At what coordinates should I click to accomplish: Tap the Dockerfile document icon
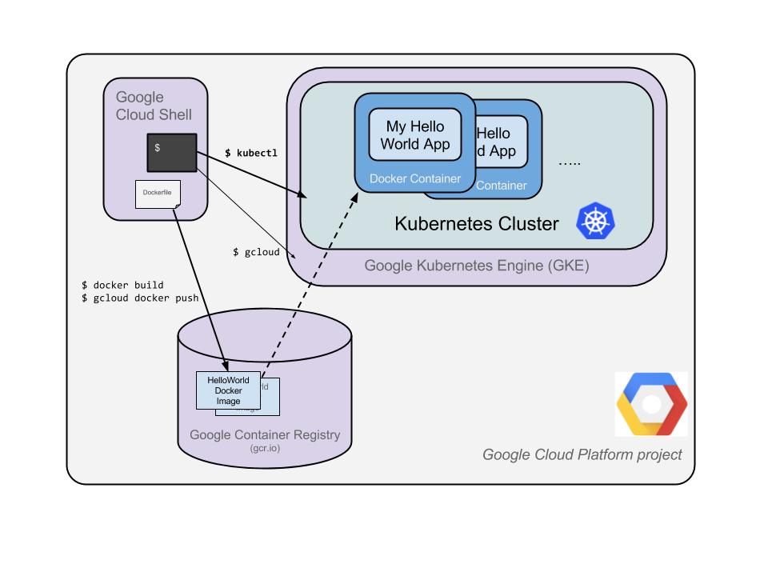(x=158, y=194)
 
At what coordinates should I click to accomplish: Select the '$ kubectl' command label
(x=250, y=152)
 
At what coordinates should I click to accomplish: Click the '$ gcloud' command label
(x=256, y=252)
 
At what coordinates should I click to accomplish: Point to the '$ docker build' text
(x=122, y=285)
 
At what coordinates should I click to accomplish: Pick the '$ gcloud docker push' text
(x=140, y=298)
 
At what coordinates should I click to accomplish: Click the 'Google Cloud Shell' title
(x=154, y=106)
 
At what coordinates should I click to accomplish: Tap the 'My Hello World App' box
(x=415, y=135)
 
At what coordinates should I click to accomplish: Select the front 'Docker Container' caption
(x=415, y=178)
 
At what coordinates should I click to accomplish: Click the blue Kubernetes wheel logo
(x=597, y=221)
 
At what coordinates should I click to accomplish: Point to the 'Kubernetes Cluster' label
(x=477, y=223)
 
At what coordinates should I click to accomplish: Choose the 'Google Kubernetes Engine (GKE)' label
(x=477, y=266)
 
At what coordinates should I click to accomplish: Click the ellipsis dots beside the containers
(x=570, y=162)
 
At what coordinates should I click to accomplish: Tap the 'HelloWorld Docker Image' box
(x=229, y=390)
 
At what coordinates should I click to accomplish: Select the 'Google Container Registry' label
(x=265, y=435)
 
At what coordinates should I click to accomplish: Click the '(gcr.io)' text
(x=265, y=449)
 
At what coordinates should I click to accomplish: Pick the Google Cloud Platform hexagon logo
(x=651, y=404)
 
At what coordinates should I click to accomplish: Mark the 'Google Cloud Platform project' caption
(x=582, y=454)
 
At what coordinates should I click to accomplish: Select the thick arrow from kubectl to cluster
(x=256, y=174)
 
